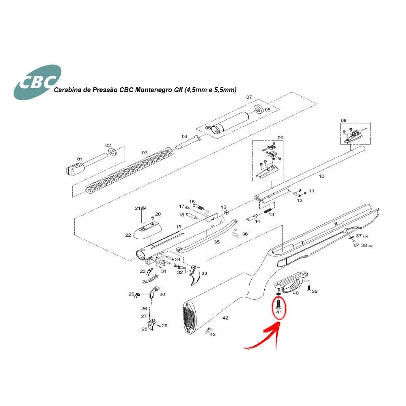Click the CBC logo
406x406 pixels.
click(37, 82)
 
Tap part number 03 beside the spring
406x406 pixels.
click(145, 153)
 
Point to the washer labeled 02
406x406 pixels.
click(112, 151)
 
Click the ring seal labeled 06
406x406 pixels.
click(258, 109)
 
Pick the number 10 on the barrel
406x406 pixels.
click(321, 176)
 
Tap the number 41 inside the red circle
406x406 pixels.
click(279, 312)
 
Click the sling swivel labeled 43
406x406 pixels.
click(207, 331)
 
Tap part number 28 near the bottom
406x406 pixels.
click(145, 329)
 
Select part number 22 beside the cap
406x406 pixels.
click(128, 235)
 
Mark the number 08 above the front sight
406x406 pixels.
click(343, 121)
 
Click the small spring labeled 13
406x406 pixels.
click(268, 210)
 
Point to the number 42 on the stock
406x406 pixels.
click(225, 318)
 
